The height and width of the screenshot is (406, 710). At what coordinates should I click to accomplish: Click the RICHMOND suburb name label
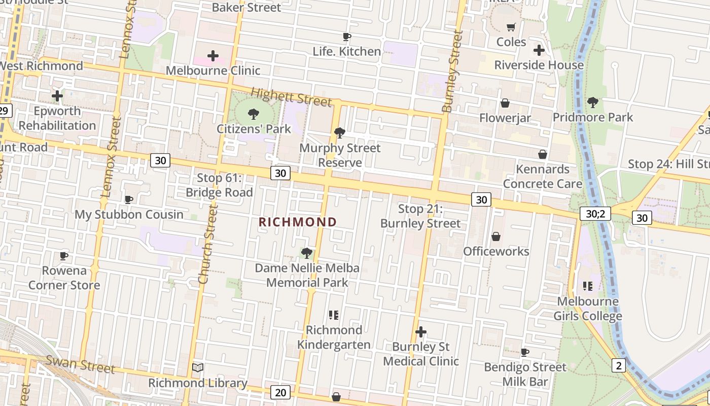[298, 222]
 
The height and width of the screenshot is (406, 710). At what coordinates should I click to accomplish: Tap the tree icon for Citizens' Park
[254, 114]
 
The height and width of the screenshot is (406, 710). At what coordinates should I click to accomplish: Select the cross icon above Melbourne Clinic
[213, 55]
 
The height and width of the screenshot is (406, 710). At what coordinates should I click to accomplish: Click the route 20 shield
[280, 392]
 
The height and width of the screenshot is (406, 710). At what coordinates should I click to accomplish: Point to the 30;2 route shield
[595, 214]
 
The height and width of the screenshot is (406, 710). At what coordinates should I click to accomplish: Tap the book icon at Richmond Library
[198, 367]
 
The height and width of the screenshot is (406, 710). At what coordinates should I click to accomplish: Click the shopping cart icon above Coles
[511, 27]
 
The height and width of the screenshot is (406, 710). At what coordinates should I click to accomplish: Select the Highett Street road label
[291, 96]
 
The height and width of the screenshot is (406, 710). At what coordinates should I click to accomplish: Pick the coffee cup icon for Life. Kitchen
[346, 37]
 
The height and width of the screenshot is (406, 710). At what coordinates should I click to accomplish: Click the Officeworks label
[496, 251]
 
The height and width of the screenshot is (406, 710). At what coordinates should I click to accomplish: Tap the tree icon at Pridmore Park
[592, 103]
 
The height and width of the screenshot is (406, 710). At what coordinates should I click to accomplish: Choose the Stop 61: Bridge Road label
[219, 185]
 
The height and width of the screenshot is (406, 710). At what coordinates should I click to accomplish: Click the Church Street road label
[208, 244]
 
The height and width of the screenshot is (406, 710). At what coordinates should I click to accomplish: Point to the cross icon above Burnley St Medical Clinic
[420, 332]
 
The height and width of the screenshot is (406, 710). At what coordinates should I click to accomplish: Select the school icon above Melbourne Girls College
[588, 286]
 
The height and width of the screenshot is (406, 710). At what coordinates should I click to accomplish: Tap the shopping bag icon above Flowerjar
[505, 104]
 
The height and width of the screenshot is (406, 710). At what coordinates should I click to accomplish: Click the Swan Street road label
[80, 363]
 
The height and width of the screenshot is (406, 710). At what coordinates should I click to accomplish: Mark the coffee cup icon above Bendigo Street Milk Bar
[525, 352]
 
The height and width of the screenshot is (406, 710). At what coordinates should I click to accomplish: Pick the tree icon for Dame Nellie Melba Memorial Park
[306, 253]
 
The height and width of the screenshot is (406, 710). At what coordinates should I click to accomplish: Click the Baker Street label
[246, 7]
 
